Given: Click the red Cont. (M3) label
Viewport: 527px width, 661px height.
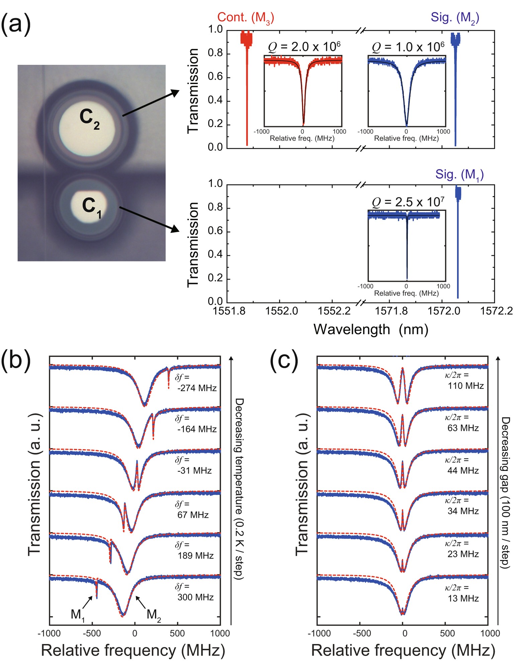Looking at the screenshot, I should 245,17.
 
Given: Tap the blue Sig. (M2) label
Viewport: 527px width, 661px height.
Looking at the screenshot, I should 455,17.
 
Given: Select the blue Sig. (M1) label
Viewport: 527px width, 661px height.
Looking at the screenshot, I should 459,174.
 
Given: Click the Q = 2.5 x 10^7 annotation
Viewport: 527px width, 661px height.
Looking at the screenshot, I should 408,202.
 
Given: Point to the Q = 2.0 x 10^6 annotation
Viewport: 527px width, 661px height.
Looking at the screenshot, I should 304,47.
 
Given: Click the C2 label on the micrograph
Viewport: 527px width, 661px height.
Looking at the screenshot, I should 89,119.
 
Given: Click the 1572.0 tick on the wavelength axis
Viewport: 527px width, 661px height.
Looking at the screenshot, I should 444,311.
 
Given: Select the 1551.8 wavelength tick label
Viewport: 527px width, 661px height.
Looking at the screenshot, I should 229,311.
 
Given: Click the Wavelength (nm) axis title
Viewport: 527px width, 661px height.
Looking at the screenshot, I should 370,330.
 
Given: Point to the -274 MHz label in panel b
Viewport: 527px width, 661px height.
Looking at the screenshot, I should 197,388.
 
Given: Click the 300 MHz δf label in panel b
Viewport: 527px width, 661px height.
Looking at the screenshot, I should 195,597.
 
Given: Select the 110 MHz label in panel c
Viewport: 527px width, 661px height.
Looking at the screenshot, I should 465,386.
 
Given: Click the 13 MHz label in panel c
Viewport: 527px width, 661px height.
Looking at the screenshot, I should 463,598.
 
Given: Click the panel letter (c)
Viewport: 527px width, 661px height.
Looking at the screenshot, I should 284,361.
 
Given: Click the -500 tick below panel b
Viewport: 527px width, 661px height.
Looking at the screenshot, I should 92,633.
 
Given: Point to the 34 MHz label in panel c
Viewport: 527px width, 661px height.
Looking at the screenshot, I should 463,511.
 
